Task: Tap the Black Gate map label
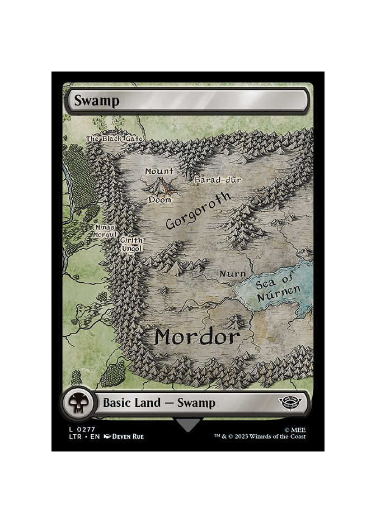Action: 115,139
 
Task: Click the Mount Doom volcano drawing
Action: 161,185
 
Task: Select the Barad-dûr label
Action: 217,180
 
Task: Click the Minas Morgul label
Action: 105,231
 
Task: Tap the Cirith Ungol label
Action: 132,244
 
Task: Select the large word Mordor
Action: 197,337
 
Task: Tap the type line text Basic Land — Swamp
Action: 159,403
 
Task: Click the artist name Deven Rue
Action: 127,436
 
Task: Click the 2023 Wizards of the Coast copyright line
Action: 260,436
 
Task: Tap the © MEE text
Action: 295,429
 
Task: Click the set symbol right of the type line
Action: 293,402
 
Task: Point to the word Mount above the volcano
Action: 159,172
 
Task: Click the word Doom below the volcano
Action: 160,199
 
